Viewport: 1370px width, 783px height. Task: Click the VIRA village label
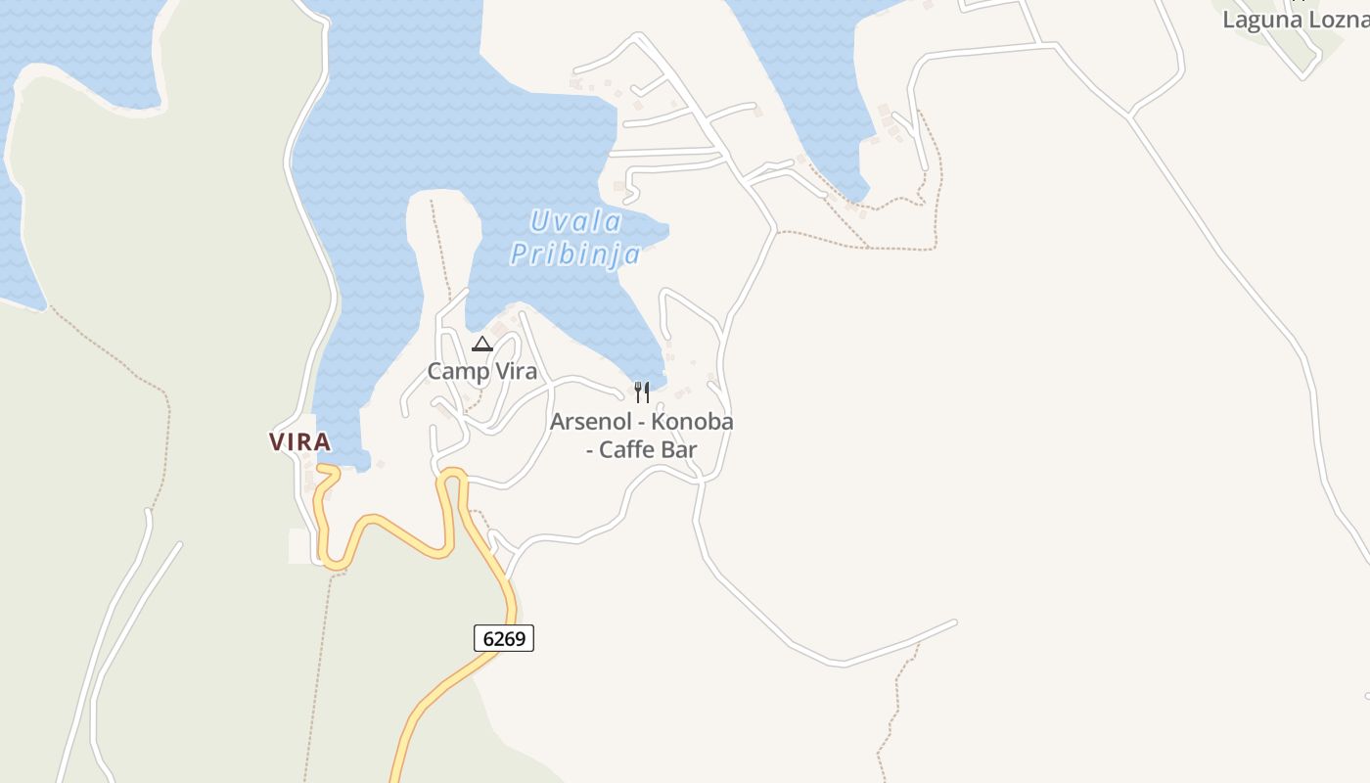(299, 441)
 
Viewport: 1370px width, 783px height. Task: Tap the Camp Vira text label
(481, 371)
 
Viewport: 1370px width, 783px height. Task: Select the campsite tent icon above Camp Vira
(481, 344)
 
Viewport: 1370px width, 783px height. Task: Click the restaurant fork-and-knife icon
(642, 392)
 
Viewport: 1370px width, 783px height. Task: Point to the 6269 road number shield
(504, 638)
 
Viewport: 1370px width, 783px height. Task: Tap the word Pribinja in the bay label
(575, 254)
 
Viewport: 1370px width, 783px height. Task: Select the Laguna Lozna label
(1295, 19)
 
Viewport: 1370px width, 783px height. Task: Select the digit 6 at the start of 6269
(489, 638)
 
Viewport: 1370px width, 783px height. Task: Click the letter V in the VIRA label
(278, 441)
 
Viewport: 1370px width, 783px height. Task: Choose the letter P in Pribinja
(520, 254)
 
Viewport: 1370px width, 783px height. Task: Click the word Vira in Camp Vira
(515, 371)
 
